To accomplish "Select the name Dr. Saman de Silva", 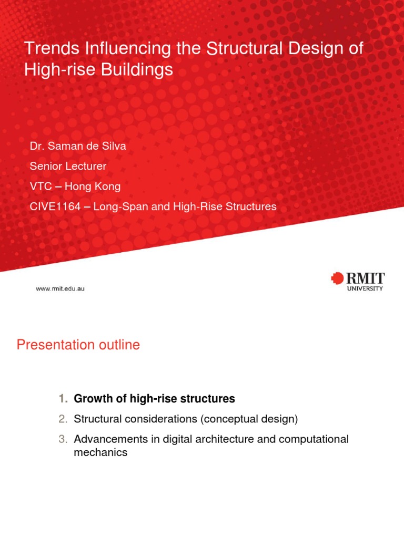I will (78, 147).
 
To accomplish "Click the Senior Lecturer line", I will (68, 167).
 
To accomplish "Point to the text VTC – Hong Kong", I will (75, 187).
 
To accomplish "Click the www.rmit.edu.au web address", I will (59, 288).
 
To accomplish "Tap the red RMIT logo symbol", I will (337, 278).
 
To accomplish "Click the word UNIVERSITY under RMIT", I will (365, 288).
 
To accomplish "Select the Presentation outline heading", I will (78, 345).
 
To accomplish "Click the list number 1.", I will (63, 399).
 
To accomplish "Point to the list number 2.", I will (63, 419).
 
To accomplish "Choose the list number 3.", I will (63, 439).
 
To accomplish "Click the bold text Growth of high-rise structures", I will (154, 399).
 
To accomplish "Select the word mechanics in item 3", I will (100, 452).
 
